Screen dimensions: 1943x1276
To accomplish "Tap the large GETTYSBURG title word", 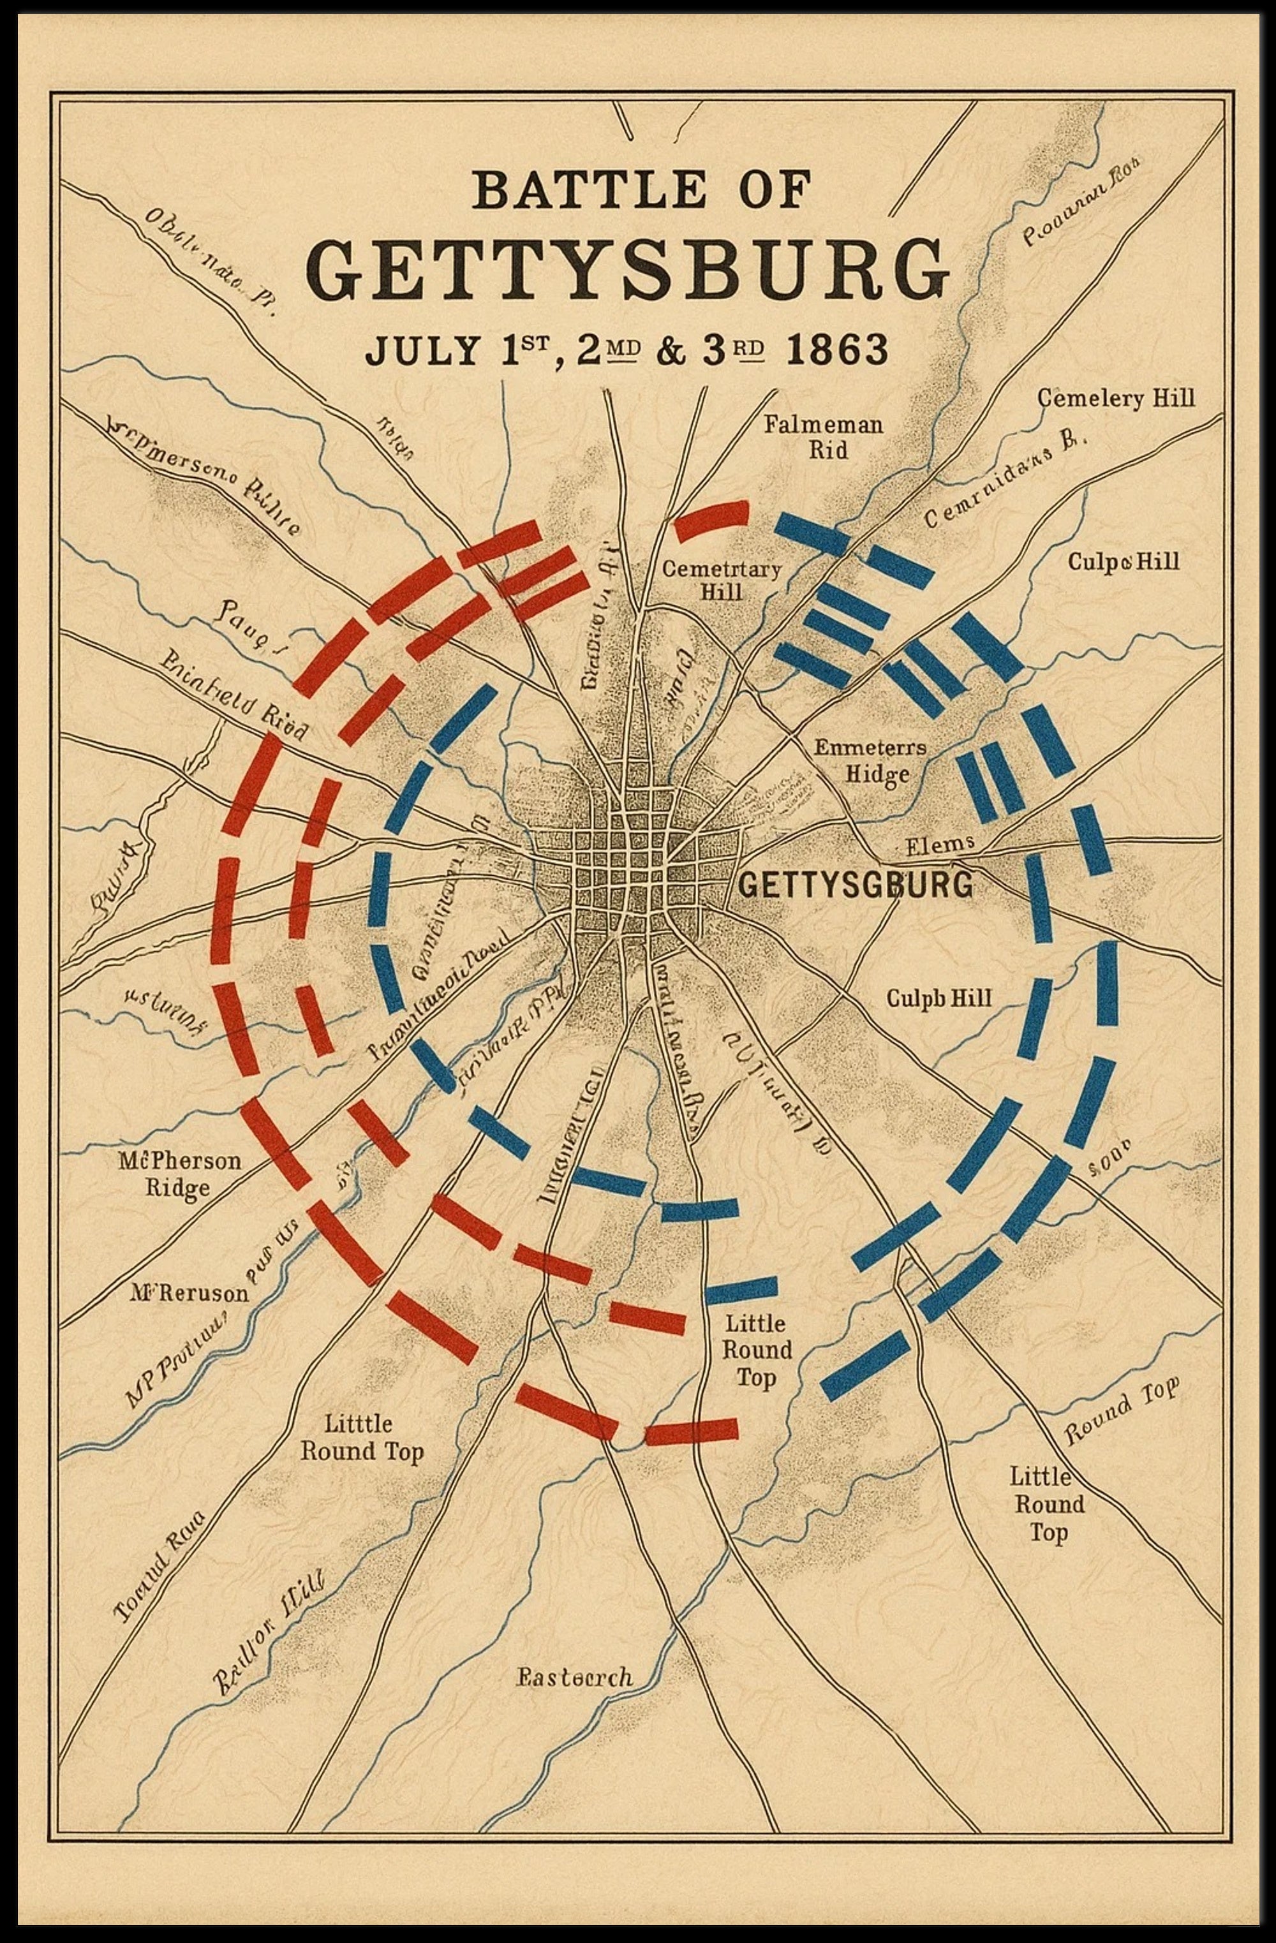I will [628, 269].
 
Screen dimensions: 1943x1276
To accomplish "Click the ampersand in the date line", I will [671, 350].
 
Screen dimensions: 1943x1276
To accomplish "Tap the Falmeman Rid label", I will [823, 437].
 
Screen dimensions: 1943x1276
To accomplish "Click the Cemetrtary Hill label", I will [721, 580].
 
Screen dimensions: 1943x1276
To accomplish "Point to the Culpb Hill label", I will [939, 998].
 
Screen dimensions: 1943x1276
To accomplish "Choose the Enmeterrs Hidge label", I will [870, 760].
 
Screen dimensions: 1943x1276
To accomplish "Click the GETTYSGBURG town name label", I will [856, 885].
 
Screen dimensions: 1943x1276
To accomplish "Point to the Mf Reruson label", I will [189, 1293].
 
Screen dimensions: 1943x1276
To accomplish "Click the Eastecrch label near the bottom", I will [575, 1677].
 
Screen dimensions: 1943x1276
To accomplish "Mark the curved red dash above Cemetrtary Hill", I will [711, 519].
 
